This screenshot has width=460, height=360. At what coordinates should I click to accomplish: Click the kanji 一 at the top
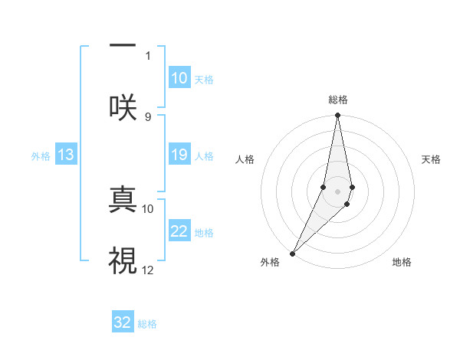point(123,47)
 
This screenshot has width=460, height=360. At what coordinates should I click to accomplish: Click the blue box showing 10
point(179,78)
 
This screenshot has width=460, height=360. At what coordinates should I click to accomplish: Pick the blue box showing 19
point(179,155)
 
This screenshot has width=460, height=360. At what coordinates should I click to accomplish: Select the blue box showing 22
point(179,231)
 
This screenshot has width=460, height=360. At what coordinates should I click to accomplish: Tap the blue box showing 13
point(66,155)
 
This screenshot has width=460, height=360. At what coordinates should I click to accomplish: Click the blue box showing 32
point(123,322)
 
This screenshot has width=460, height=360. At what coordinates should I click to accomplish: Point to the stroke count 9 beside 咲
point(148,116)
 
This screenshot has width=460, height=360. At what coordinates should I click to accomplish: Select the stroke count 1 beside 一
point(148,55)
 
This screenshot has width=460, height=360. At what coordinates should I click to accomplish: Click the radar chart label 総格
point(338,100)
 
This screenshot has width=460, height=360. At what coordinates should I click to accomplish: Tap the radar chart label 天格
point(432,159)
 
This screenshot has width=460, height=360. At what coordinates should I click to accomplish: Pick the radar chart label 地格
point(402,262)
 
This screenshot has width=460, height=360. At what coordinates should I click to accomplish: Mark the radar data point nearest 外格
point(293,253)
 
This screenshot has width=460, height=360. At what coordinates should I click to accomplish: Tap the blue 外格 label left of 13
point(41,155)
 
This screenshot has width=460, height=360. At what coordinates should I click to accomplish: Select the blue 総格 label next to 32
point(147,324)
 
